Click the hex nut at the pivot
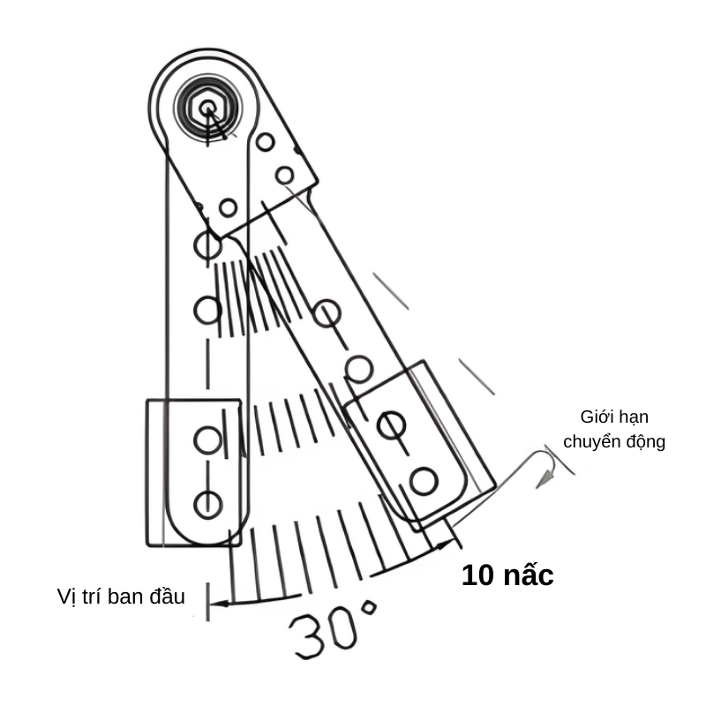(x=207, y=109)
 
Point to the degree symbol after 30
(x=368, y=610)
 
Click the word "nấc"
(x=528, y=575)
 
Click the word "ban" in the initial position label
(x=131, y=597)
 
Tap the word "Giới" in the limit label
(x=597, y=417)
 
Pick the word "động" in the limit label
(x=642, y=441)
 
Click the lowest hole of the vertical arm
(x=207, y=503)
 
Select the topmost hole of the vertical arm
(x=207, y=244)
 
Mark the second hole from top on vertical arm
(x=207, y=309)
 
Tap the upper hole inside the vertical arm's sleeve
(x=207, y=439)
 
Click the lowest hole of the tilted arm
(x=423, y=481)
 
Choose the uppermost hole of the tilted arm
(x=327, y=312)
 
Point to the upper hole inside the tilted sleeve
(x=391, y=424)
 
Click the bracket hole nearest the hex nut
(x=265, y=141)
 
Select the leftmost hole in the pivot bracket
(x=228, y=207)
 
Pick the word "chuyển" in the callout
(x=590, y=441)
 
